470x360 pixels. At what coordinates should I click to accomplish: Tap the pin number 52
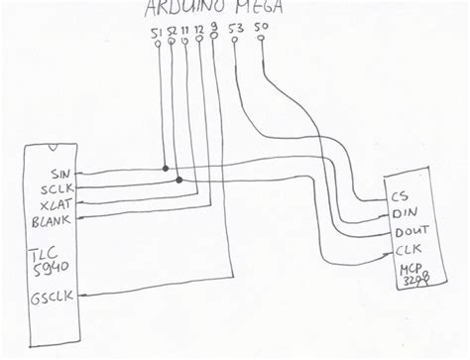point(173,36)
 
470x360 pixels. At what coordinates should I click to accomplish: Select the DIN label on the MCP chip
point(405,212)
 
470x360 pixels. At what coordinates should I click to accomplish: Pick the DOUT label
point(411,232)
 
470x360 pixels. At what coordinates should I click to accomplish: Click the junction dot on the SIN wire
point(165,167)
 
